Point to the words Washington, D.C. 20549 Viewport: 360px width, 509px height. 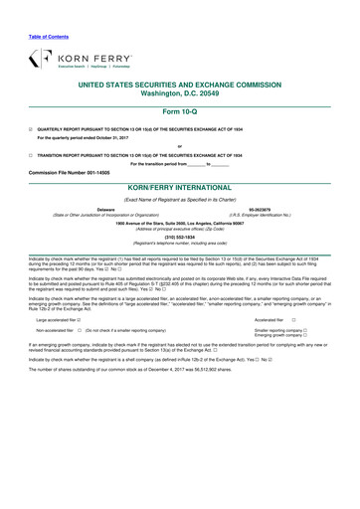tap(180, 95)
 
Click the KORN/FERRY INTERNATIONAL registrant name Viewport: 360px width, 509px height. tap(180, 186)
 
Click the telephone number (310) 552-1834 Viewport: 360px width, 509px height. tap(180, 236)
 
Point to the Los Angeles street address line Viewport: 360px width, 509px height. tap(180, 223)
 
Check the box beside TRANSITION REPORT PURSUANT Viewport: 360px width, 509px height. tap(31, 156)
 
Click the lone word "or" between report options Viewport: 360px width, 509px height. tap(180, 147)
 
